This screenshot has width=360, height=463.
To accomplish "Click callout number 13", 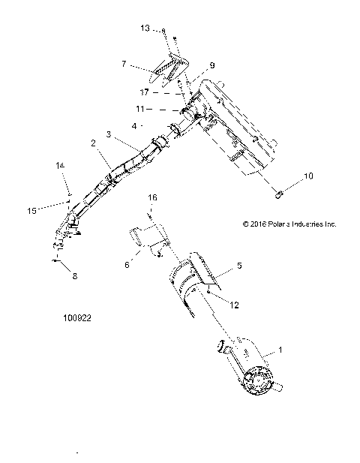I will tap(145, 28).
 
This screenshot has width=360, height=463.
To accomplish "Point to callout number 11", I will tap(140, 109).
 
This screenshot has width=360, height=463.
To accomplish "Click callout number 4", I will tap(134, 125).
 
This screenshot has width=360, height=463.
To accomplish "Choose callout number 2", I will tap(94, 143).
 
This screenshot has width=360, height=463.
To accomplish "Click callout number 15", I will tap(32, 211).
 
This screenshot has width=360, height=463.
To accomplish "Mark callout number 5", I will tap(240, 265).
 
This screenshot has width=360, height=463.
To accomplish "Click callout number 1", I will tap(281, 350).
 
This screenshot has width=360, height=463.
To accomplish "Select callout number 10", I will tap(289, 176).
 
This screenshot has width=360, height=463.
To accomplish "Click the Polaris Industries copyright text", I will tap(289, 224).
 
